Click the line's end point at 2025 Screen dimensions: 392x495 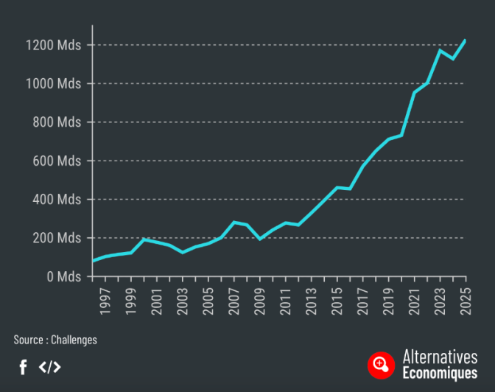(466, 40)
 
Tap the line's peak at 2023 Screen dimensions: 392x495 (440, 50)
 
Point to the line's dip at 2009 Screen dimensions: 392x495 (260, 239)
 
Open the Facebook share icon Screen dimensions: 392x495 (23, 366)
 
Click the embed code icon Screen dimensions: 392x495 (49, 366)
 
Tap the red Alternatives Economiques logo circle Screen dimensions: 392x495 (382, 364)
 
